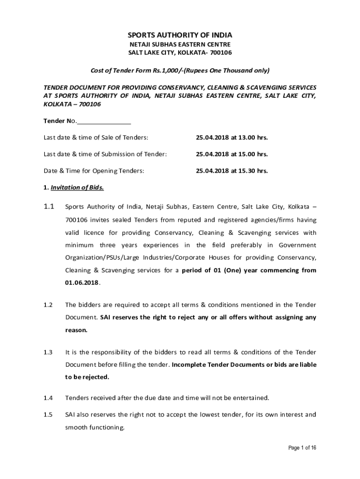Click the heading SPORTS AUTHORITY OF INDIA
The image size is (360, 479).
click(180, 35)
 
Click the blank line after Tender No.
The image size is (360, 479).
click(104, 121)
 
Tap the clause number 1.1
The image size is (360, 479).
click(49, 206)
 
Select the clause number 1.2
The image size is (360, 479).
click(48, 305)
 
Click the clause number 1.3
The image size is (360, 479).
click(48, 352)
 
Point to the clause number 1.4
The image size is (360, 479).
click(48, 398)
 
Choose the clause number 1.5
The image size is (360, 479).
click(48, 414)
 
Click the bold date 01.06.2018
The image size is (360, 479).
click(82, 283)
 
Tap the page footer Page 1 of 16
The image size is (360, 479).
click(302, 448)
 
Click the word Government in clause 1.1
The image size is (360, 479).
click(297, 245)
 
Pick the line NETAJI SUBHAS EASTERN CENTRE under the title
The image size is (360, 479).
click(180, 44)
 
